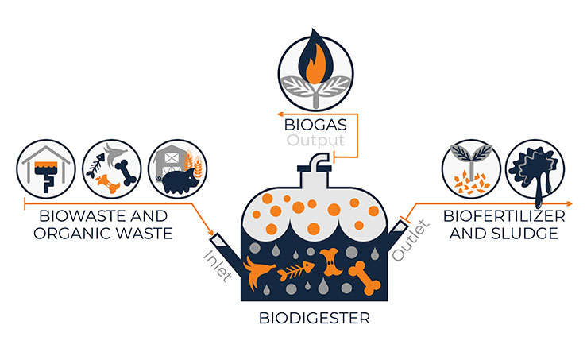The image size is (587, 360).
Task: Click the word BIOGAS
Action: (315, 125)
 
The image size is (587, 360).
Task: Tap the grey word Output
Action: (315, 141)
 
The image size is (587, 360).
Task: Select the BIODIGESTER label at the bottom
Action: (314, 318)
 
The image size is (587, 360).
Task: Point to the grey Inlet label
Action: (218, 266)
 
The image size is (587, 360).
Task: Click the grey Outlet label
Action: (411, 240)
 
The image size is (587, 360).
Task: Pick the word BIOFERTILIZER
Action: (504, 216)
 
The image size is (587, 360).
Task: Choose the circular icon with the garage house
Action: (46, 169)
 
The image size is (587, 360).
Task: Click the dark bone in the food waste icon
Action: (126, 172)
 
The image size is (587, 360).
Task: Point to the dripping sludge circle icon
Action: (535, 169)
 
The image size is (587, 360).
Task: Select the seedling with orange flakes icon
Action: (471, 169)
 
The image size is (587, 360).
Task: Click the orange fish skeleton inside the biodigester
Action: (295, 271)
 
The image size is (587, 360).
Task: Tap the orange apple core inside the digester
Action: (330, 261)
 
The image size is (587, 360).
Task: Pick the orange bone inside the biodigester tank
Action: (365, 278)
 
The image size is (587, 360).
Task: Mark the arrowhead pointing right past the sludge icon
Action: (570, 203)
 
